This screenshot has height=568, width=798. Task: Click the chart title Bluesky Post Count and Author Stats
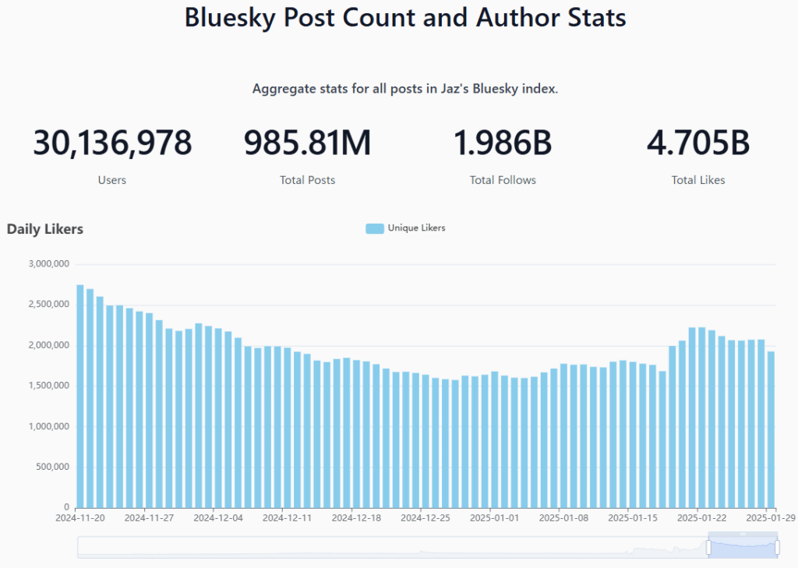[x=405, y=17]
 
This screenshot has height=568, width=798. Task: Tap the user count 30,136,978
[x=112, y=143]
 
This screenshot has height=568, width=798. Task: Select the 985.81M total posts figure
[x=307, y=143]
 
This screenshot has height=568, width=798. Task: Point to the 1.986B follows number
[x=503, y=143]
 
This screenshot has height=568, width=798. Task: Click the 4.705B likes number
[x=698, y=143]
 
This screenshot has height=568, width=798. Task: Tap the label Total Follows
[x=503, y=180]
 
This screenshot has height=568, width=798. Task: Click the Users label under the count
[x=112, y=180]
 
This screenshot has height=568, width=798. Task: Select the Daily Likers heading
[x=45, y=229]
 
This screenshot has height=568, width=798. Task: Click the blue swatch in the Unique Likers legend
[x=374, y=228]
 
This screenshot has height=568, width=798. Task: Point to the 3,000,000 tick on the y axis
[x=49, y=263]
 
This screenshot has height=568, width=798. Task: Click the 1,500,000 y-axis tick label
[x=49, y=386]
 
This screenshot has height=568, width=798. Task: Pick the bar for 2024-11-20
[x=80, y=397]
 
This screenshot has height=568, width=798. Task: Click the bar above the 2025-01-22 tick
[x=702, y=418]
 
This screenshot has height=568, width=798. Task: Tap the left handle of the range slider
[x=708, y=548]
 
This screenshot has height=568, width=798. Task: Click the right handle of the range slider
[x=777, y=548]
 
